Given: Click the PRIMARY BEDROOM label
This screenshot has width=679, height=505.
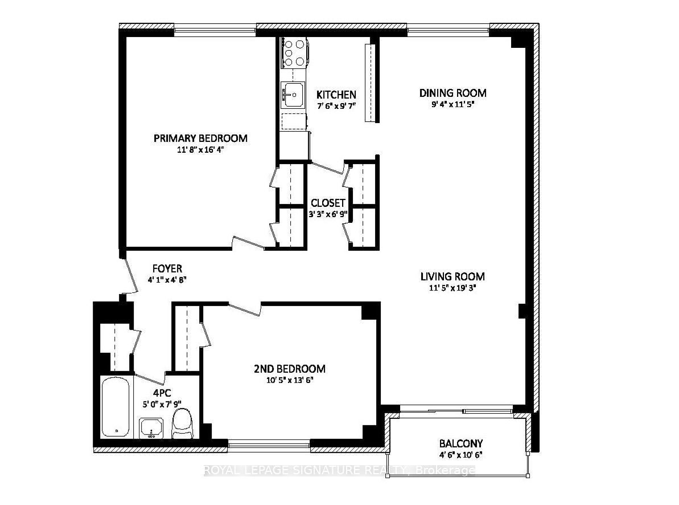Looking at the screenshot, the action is click(x=200, y=138).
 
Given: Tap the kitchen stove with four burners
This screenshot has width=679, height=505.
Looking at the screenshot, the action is click(x=294, y=52).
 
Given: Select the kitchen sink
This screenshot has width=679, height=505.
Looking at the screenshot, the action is click(x=293, y=95).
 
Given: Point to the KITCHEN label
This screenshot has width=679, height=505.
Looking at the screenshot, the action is click(x=336, y=95).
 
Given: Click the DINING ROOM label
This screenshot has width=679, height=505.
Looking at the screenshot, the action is click(x=452, y=93).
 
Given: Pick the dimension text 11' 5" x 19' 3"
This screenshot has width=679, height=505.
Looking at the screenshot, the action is click(x=452, y=288).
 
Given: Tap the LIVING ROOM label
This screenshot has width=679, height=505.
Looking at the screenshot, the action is click(x=452, y=276).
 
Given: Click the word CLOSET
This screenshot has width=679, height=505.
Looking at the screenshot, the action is click(x=328, y=203).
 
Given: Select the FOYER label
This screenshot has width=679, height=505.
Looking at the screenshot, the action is click(x=167, y=268).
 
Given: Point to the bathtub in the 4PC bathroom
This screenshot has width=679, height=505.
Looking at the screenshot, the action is click(x=115, y=408).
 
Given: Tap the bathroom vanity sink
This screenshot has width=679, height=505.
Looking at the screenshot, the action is click(x=151, y=428).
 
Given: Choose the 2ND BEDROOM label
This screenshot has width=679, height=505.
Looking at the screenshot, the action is click(x=289, y=369).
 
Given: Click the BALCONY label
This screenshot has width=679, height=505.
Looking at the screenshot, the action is click(x=461, y=443).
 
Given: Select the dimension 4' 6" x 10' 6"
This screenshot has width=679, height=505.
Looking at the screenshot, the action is click(x=461, y=455).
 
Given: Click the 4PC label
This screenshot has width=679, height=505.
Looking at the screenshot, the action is click(x=162, y=393).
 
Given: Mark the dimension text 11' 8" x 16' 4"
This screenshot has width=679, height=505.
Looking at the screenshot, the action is click(x=200, y=150).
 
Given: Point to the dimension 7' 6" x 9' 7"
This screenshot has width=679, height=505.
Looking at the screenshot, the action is click(x=336, y=105).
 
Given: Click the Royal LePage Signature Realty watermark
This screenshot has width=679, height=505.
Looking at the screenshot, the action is click(x=339, y=470).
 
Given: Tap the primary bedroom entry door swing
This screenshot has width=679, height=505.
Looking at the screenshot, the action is click(x=249, y=242).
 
